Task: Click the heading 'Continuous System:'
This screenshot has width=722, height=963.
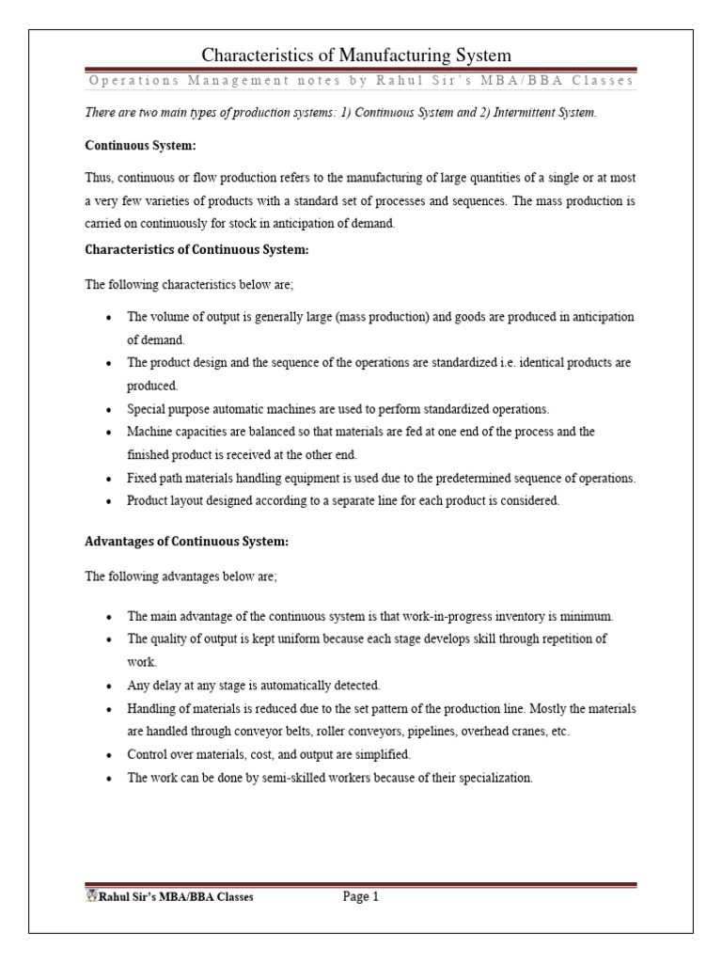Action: click(131, 146)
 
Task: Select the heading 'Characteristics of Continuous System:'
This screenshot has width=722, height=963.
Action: click(196, 250)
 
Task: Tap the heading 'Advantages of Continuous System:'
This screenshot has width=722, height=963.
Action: click(187, 542)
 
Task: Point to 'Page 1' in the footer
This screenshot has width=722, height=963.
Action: click(360, 897)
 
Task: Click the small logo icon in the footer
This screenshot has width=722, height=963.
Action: click(91, 896)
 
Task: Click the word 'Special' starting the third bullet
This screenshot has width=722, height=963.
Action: click(146, 409)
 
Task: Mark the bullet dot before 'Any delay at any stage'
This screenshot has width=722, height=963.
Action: click(111, 686)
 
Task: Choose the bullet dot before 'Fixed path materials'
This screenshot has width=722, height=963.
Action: click(111, 479)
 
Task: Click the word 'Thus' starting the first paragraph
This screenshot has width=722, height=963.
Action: click(99, 180)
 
